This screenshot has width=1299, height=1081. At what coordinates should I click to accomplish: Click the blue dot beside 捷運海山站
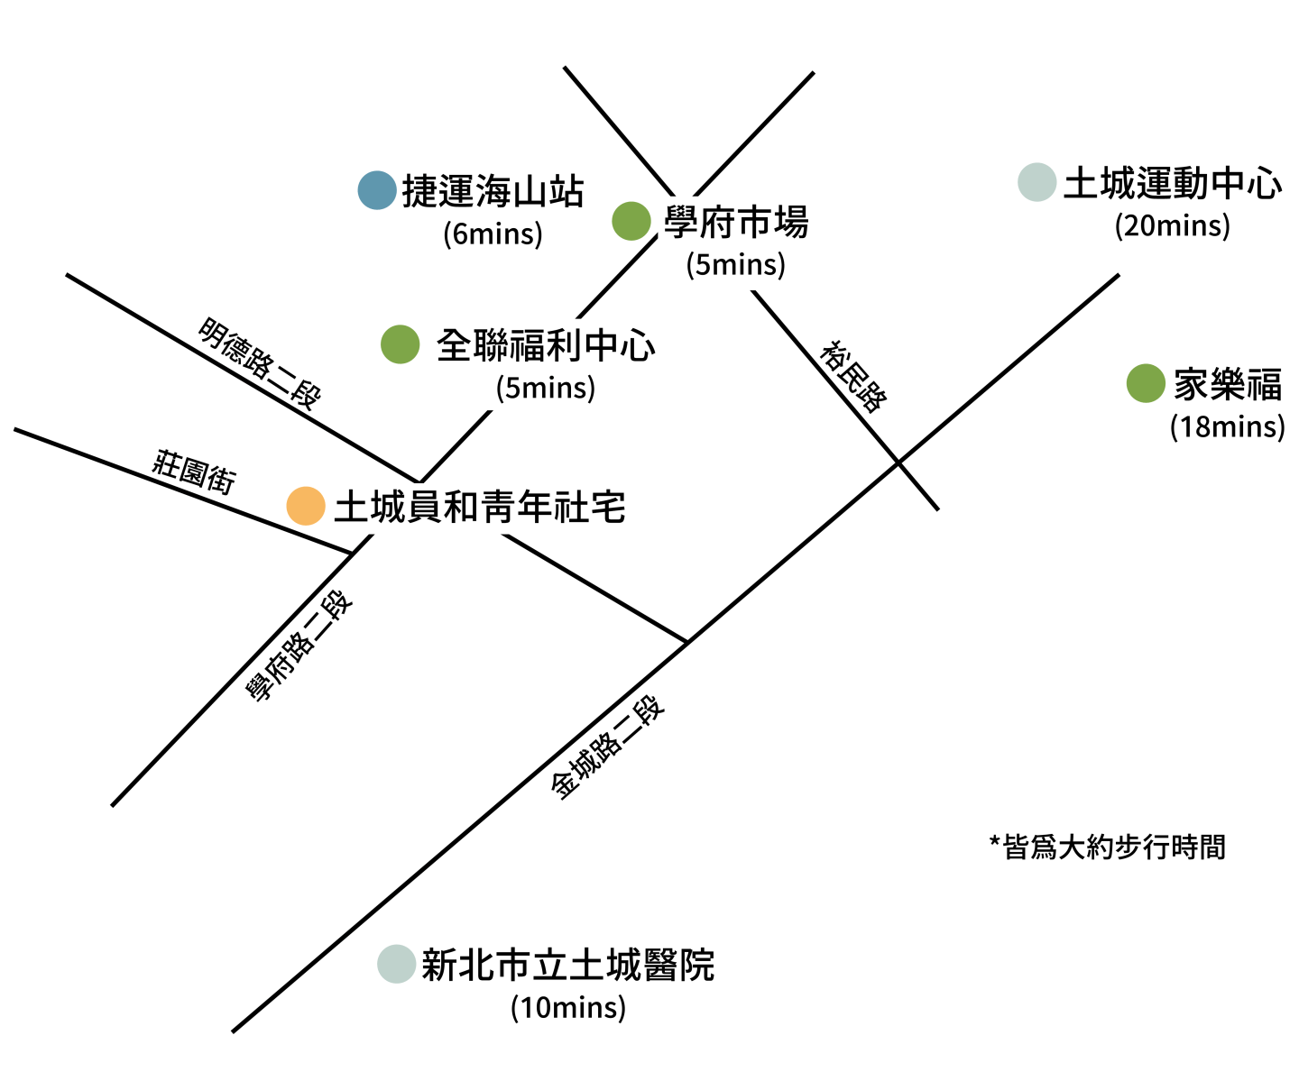377,190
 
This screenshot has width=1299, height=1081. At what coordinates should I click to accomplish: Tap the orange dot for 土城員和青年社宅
306,506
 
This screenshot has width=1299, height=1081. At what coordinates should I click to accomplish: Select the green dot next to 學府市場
631,221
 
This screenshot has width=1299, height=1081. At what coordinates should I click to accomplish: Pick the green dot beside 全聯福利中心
401,344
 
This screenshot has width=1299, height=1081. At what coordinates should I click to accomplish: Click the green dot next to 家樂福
1146,383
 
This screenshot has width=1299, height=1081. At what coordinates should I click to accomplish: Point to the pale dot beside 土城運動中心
1037,182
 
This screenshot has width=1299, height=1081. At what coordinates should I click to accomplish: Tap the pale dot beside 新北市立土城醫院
396,964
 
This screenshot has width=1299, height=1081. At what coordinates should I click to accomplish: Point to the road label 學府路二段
300,646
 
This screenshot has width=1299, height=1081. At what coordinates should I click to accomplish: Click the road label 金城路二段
608,747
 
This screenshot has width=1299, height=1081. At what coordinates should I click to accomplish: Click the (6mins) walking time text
493,234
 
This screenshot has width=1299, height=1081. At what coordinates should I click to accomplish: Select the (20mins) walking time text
1172,224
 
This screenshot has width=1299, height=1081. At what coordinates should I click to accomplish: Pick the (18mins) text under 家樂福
1227,426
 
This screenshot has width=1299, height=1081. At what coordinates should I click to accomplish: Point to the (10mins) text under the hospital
568,1007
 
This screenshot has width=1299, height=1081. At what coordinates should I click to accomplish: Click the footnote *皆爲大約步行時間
1108,847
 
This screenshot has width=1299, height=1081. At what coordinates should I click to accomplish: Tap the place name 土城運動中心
1173,184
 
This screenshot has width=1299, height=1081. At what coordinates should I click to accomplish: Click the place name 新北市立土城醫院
568,966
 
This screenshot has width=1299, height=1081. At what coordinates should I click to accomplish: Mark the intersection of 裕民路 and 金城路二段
898,463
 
